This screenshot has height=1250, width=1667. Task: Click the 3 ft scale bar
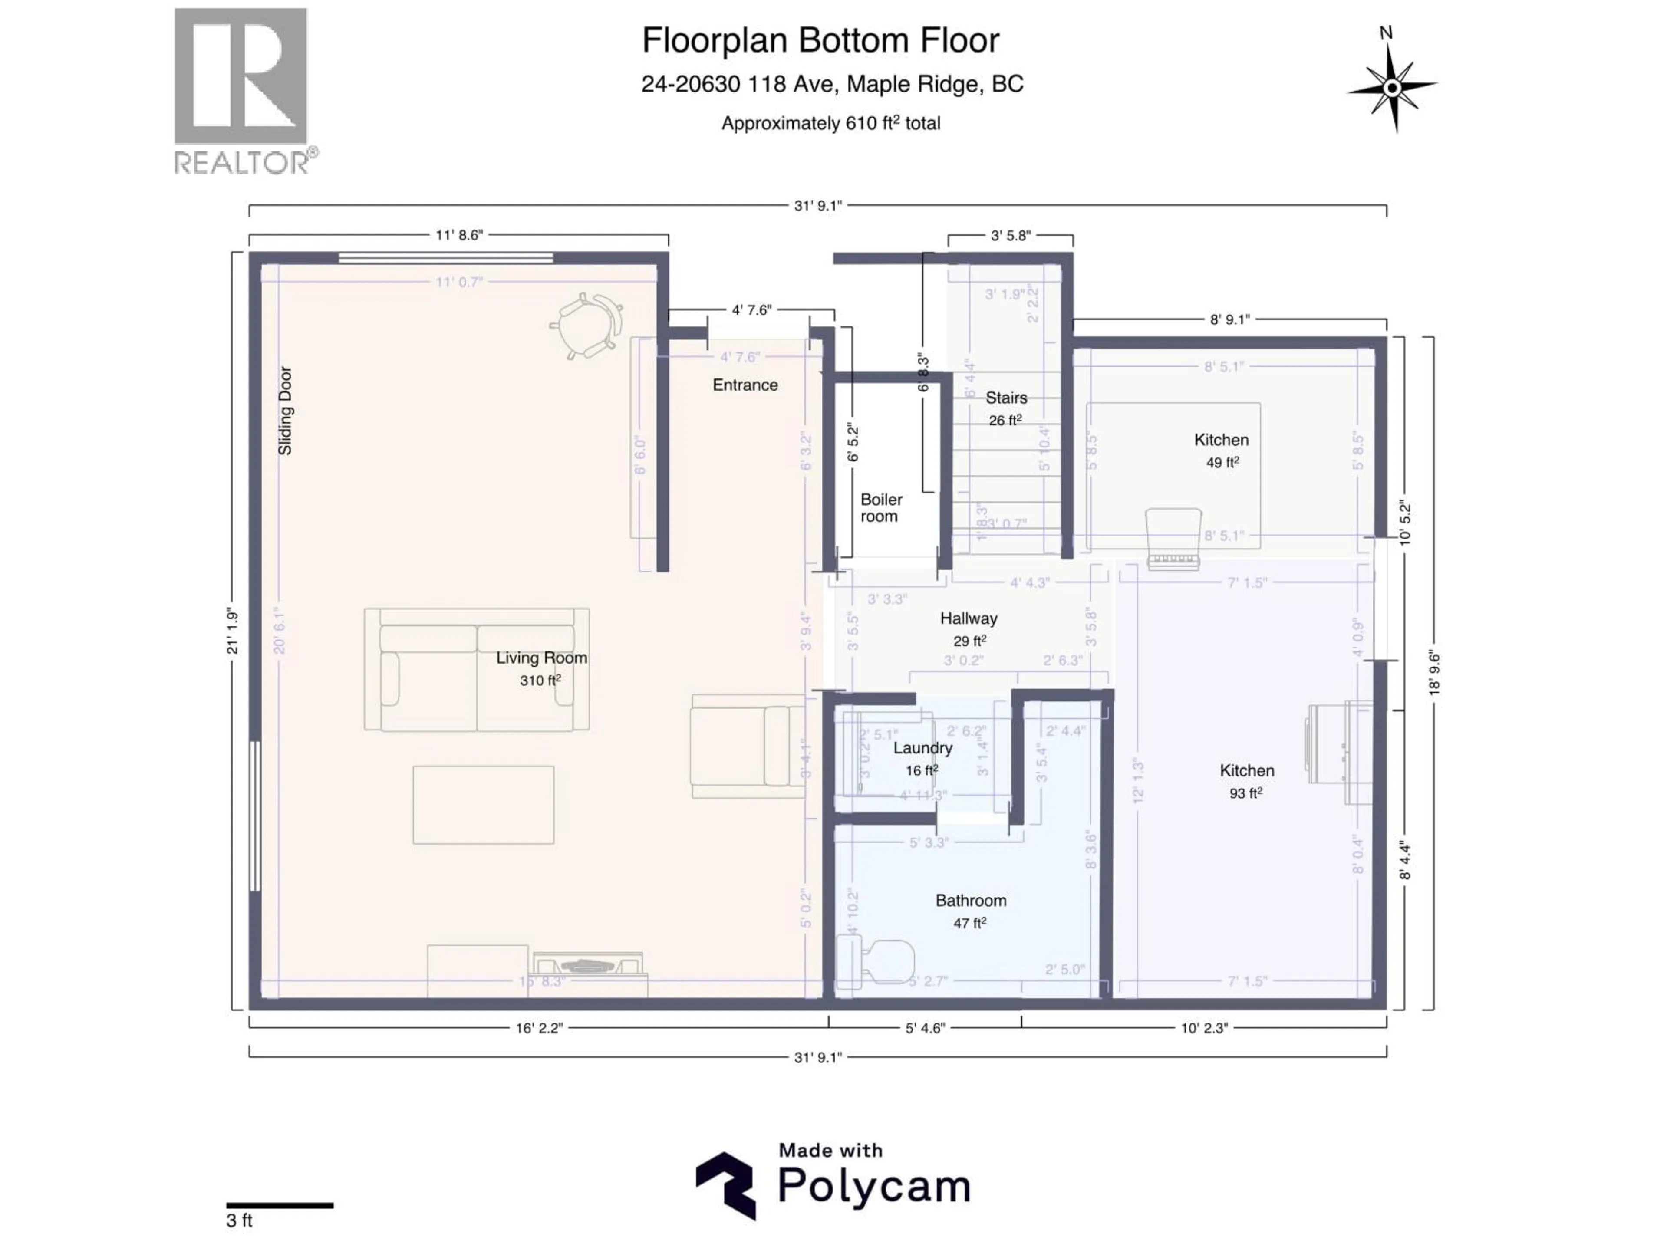pos(280,1206)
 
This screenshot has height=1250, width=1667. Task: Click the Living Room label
pos(541,658)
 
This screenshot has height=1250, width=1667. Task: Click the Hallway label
pos(969,618)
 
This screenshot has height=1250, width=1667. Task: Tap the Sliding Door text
pos(285,411)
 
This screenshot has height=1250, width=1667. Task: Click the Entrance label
pos(745,385)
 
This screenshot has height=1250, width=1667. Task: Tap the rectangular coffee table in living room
pos(483,805)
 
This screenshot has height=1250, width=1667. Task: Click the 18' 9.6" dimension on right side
pos(1434,673)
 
